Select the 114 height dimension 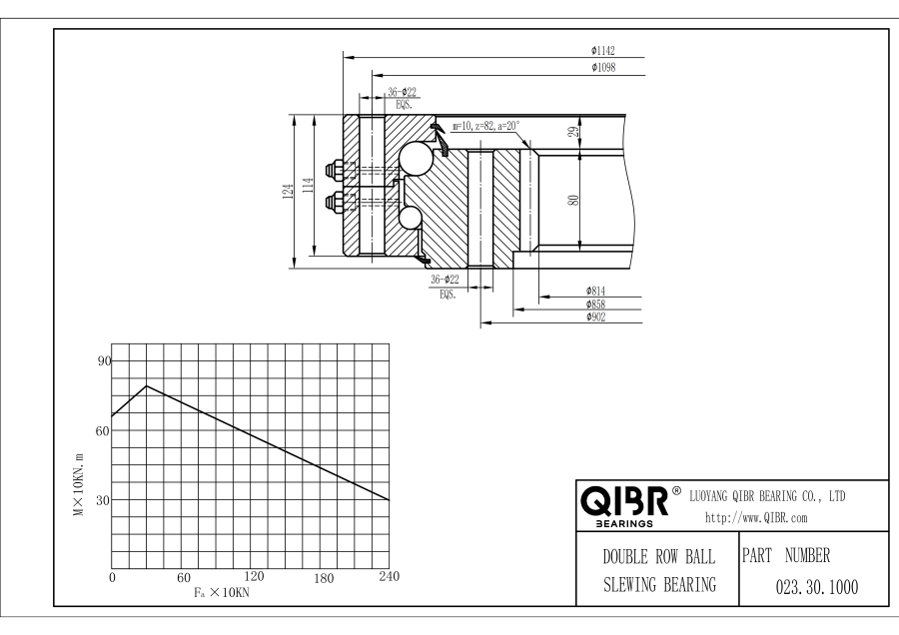point(309,185)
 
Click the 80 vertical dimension point(573,200)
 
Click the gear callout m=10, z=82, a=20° point(485,127)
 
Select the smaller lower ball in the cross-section point(410,219)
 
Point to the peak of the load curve point(147,385)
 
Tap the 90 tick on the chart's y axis point(101,360)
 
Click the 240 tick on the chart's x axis point(388,577)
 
